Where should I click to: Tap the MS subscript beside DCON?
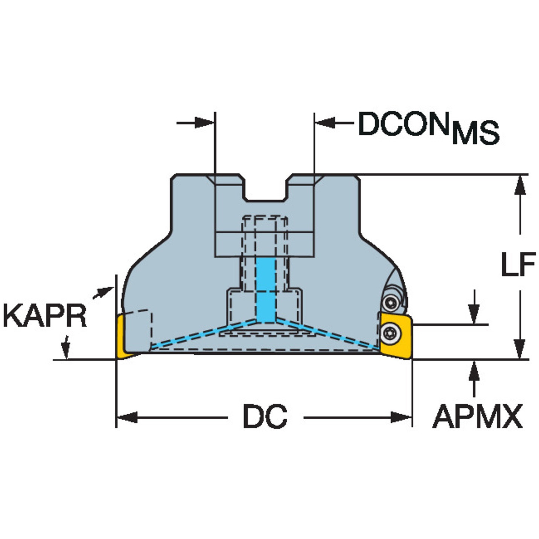[x=475, y=133]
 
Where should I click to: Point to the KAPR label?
[x=45, y=316]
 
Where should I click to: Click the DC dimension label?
[x=265, y=417]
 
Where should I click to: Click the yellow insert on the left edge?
[x=123, y=337]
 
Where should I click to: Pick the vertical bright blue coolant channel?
[x=266, y=290]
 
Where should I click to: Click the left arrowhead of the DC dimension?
[x=126, y=417]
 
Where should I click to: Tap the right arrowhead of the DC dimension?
[x=402, y=417]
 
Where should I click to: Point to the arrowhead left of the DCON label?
[x=324, y=122]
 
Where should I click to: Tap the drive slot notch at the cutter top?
[x=266, y=189]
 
